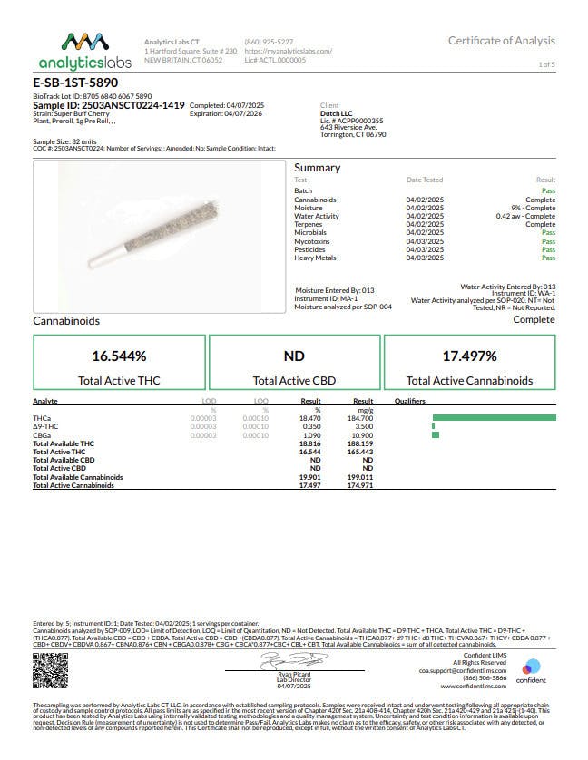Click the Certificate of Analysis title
click(501, 41)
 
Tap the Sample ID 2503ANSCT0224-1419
click(108, 104)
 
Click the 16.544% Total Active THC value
click(119, 356)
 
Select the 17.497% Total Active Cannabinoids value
click(469, 356)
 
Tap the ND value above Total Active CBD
click(294, 356)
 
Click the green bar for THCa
click(494, 416)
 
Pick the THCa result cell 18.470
click(311, 416)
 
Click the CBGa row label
click(42, 435)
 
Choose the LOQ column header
click(260, 400)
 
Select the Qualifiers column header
click(410, 400)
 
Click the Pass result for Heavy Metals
click(548, 258)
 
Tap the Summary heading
click(317, 168)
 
